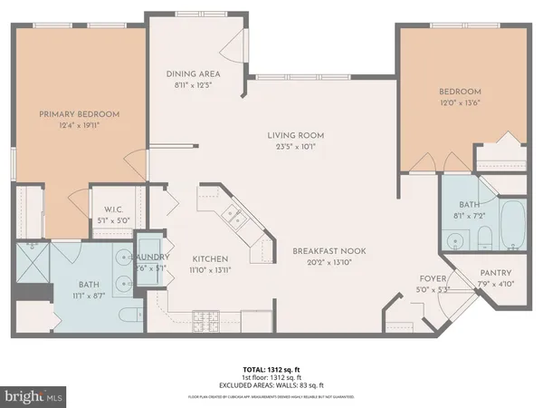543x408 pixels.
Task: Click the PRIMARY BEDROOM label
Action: [x=79, y=113]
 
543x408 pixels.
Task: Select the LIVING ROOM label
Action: [x=295, y=135]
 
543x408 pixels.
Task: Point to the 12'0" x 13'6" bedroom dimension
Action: [x=460, y=104]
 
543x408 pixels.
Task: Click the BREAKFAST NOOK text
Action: [x=322, y=251]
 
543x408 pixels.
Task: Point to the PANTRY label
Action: [x=495, y=273]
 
